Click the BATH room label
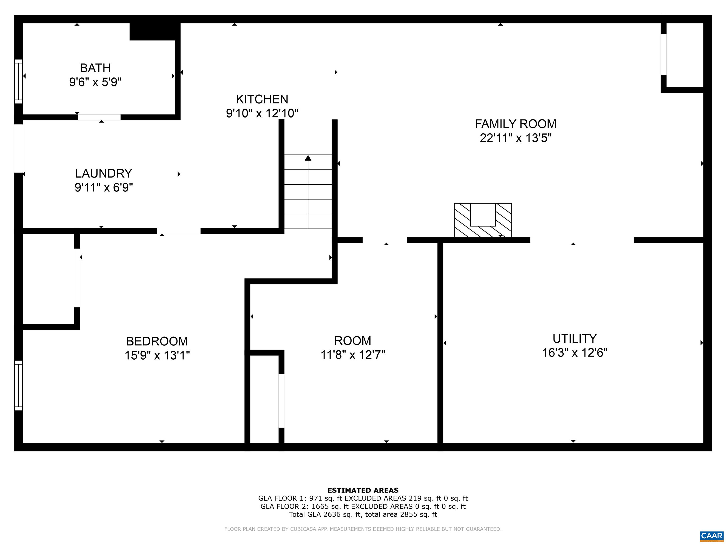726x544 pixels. (95, 68)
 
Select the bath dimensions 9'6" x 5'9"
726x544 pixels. (95, 82)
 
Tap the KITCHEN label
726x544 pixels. (262, 99)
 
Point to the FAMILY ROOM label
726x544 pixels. (515, 124)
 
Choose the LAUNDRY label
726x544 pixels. (104, 173)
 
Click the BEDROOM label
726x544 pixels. (157, 341)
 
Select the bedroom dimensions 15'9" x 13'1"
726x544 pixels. (157, 355)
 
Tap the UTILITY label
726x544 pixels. (574, 338)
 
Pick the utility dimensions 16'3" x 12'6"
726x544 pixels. (574, 353)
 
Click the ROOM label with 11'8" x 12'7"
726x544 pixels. (353, 341)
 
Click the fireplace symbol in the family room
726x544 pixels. (483, 220)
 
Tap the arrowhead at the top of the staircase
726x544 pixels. (308, 158)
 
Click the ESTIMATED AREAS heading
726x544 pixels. (363, 490)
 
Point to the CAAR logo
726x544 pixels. (712, 536)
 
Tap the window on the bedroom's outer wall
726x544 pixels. (18, 386)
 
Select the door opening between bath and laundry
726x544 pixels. (99, 117)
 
